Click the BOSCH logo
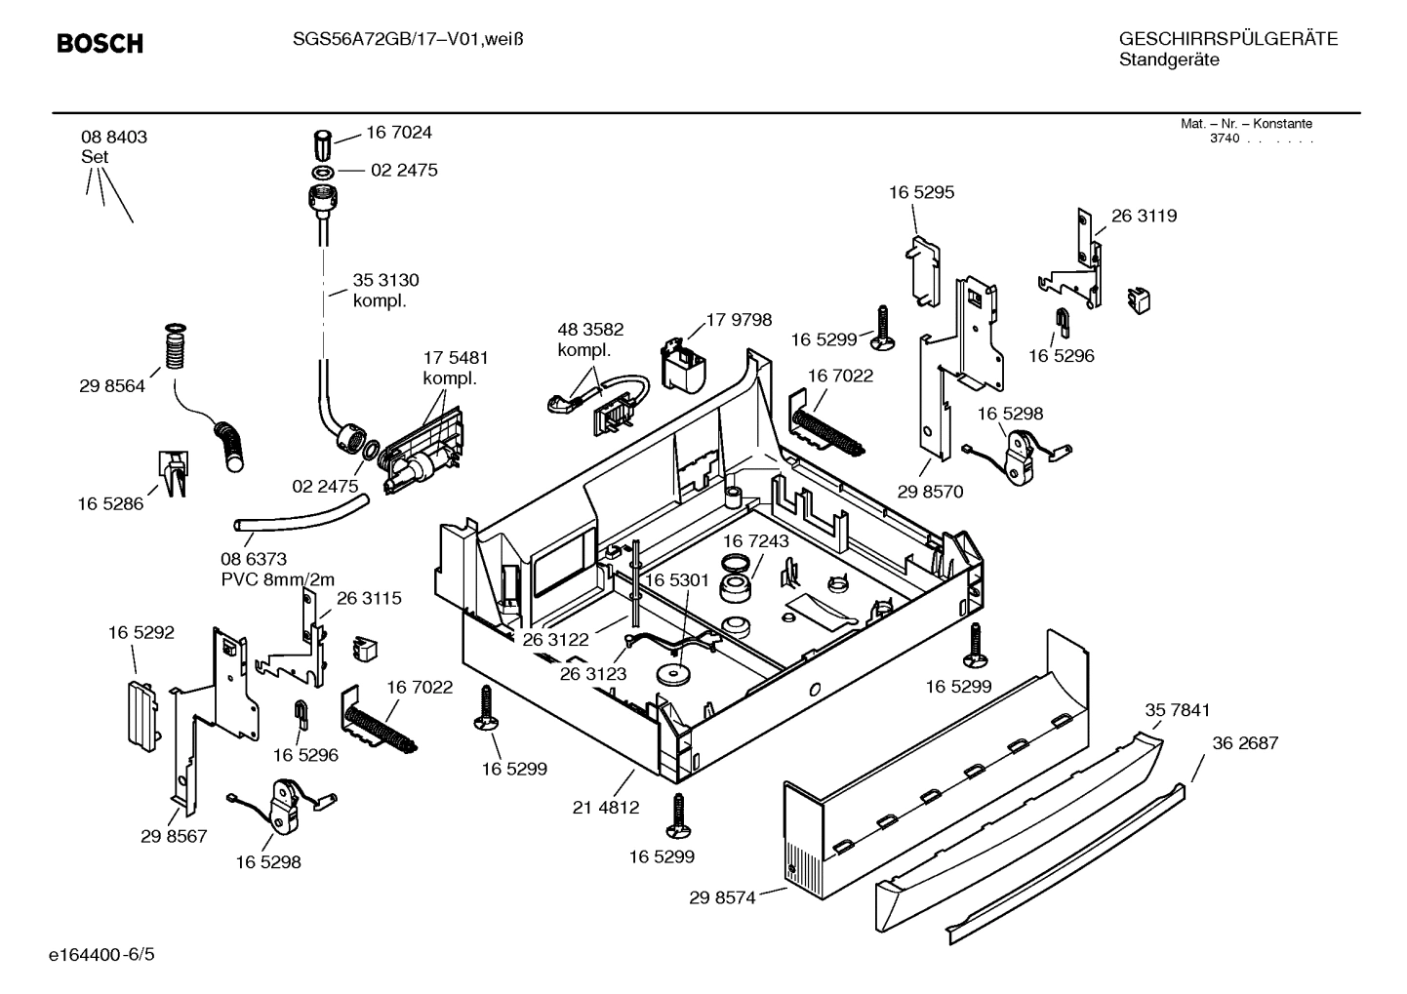click(x=100, y=44)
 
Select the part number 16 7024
click(x=398, y=132)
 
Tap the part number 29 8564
click(x=111, y=386)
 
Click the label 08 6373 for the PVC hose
click(x=254, y=559)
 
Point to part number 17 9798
click(x=739, y=319)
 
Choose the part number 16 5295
click(x=921, y=192)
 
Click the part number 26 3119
click(x=1144, y=216)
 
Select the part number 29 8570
click(x=930, y=492)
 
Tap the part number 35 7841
click(x=1177, y=710)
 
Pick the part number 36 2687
click(x=1245, y=742)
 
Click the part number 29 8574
click(x=722, y=897)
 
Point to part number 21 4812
click(x=606, y=807)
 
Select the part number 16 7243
click(x=756, y=540)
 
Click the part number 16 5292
click(x=141, y=632)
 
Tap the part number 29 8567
click(x=174, y=836)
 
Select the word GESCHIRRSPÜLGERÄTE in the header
click(x=1227, y=39)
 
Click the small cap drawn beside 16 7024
click(x=324, y=146)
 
